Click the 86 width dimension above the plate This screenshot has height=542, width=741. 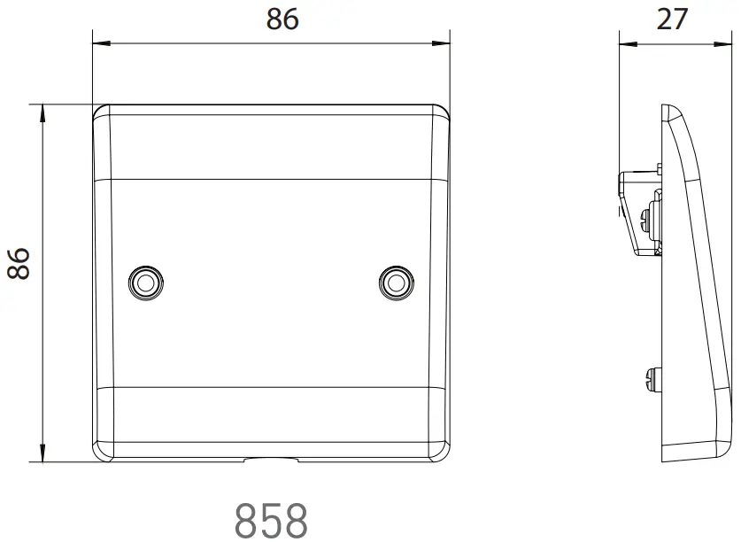pos(282,19)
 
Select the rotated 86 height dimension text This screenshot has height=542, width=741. pos(19,263)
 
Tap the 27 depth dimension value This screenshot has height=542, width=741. pos(672,19)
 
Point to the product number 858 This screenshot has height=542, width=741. pos(271,520)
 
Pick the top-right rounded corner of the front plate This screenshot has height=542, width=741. pos(443,112)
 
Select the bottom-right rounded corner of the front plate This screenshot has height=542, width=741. pos(443,454)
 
